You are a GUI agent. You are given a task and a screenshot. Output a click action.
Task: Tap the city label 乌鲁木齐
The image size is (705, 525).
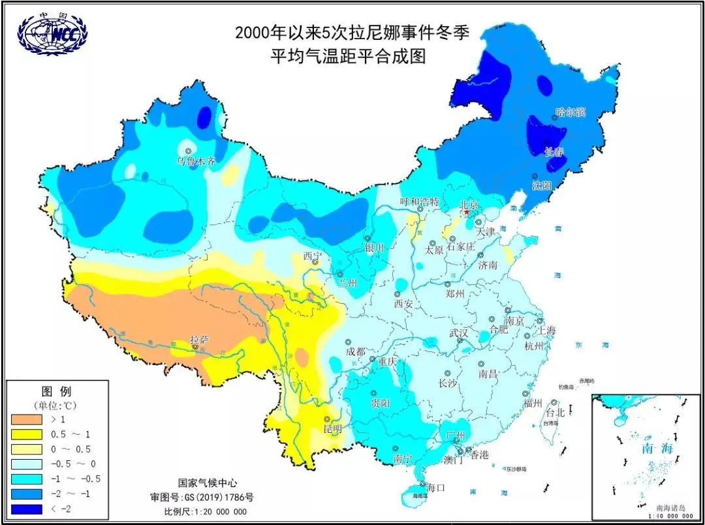point(196,160)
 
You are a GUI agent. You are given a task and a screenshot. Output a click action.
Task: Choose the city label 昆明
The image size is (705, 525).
point(333,429)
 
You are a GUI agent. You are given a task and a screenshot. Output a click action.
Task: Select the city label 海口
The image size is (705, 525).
point(435,487)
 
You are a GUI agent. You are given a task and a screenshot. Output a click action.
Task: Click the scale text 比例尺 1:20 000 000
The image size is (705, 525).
point(206,511)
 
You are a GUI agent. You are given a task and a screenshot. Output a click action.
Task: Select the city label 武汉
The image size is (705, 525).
point(458,332)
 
